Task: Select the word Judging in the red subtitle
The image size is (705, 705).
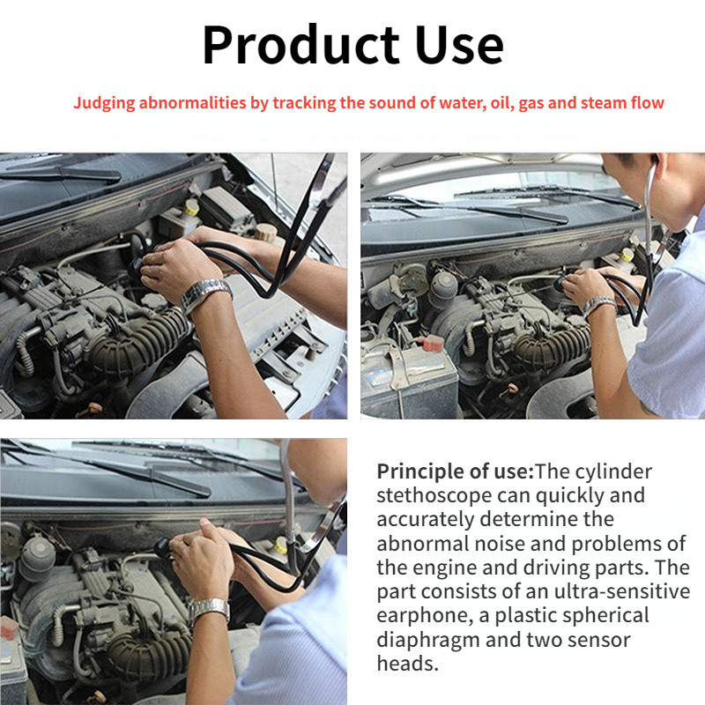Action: (x=101, y=103)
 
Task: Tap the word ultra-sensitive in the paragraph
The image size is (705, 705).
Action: (x=631, y=590)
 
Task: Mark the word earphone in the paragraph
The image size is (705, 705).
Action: (x=414, y=614)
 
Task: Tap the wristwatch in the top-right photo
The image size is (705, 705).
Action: (x=598, y=305)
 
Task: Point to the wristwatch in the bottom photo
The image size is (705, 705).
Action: (x=210, y=608)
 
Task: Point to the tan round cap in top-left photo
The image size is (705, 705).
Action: (x=264, y=233)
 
